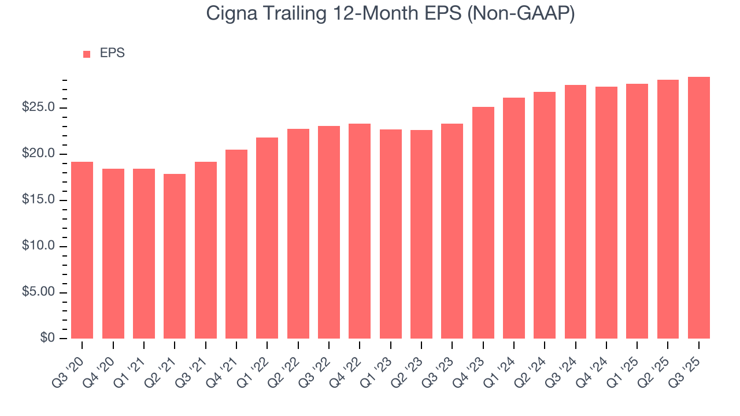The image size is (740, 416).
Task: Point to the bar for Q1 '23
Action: pyautogui.click(x=390, y=234)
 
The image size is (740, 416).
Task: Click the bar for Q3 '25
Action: pyautogui.click(x=698, y=207)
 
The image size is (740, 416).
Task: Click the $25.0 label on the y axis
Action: pyautogui.click(x=39, y=108)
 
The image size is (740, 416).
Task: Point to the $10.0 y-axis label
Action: pyautogui.click(x=39, y=246)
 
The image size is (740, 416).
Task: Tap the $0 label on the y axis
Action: pyautogui.click(x=47, y=339)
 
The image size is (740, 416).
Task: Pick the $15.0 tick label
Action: pyautogui.click(x=39, y=200)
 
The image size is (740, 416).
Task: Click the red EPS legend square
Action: pyautogui.click(x=87, y=54)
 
